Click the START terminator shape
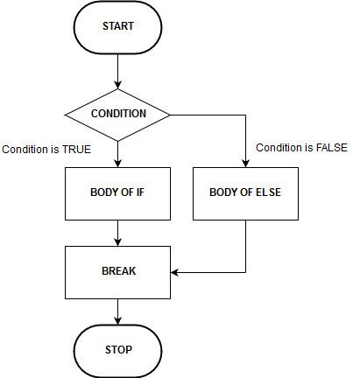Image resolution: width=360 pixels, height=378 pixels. [117, 26]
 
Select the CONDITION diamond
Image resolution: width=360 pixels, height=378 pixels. [117, 114]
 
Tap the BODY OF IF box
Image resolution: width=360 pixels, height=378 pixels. [117, 191]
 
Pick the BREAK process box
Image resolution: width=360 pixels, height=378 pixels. [117, 271]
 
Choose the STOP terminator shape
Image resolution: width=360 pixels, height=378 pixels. [117, 349]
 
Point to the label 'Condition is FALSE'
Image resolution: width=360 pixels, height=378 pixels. [300, 147]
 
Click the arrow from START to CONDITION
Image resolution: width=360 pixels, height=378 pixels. [117, 71]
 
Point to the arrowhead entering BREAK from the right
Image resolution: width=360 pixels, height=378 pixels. [175, 272]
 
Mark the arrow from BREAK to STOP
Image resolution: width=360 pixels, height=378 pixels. [117, 310]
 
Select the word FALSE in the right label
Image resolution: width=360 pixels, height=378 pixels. [331, 147]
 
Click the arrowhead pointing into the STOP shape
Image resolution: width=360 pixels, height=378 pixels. [117, 323]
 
